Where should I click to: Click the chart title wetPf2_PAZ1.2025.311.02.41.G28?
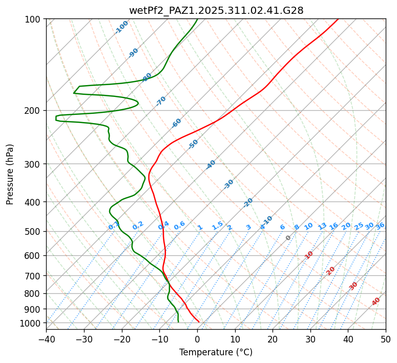click(x=216, y=10)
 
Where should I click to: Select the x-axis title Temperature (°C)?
click(x=216, y=353)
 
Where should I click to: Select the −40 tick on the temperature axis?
click(x=46, y=339)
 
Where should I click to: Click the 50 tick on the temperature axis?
click(x=386, y=339)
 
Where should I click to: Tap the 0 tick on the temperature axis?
click(x=197, y=339)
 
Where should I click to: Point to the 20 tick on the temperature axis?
click(x=273, y=339)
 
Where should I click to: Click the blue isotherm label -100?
click(x=122, y=27)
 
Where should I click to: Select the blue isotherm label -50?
click(x=193, y=144)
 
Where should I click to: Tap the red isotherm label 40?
click(x=376, y=301)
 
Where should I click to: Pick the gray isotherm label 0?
click(x=288, y=238)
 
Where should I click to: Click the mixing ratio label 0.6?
click(x=179, y=226)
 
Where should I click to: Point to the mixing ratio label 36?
click(x=380, y=226)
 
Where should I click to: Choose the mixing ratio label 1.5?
click(x=217, y=226)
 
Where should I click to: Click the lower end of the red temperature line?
click(x=199, y=322)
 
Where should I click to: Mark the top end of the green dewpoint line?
click(x=197, y=19)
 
